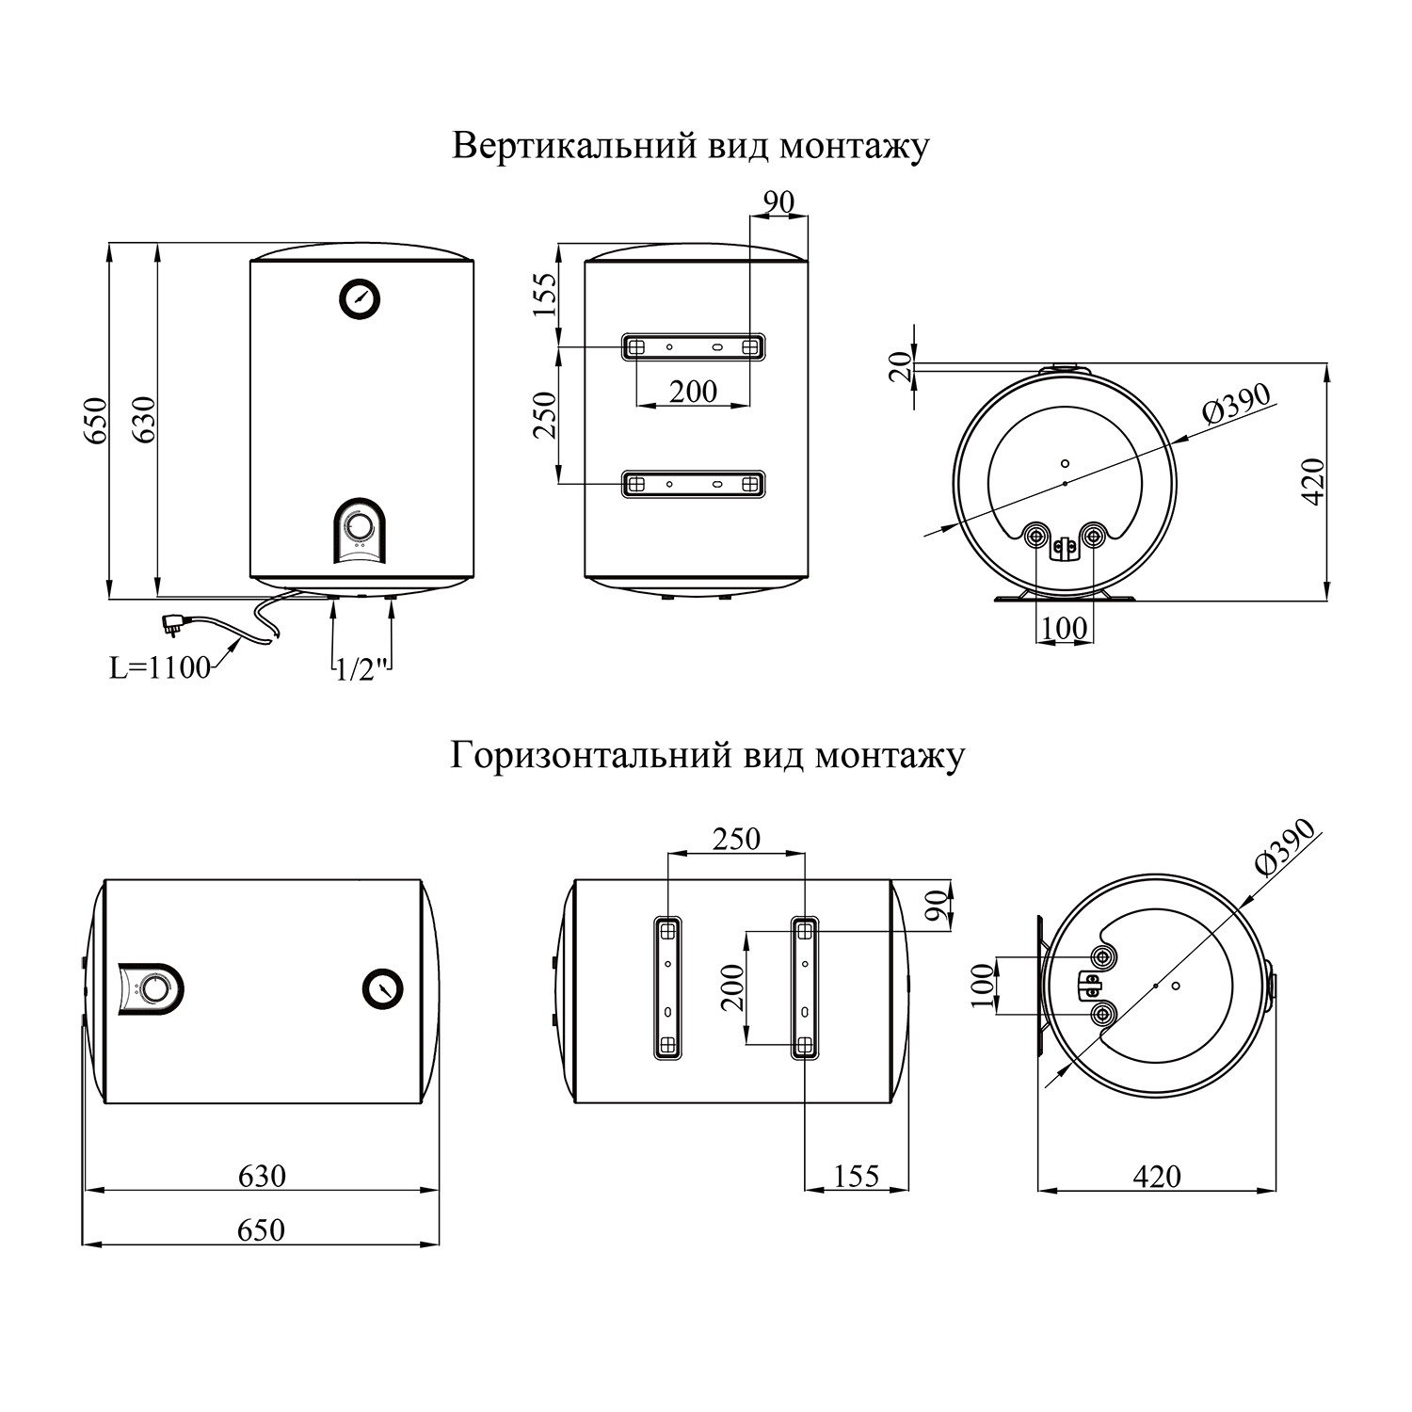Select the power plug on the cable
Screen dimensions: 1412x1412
coord(175,620)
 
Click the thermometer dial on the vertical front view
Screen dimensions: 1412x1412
coord(361,298)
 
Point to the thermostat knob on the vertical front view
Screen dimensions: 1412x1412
coord(359,525)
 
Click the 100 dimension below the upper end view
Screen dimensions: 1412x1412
coord(1065,629)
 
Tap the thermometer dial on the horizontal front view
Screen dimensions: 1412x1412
coord(382,988)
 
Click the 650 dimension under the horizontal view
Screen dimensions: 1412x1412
coord(261,1230)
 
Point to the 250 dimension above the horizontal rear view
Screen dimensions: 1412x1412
coord(736,839)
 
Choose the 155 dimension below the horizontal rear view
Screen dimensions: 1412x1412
coord(856,1176)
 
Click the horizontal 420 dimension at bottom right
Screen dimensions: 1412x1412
coord(1156,1176)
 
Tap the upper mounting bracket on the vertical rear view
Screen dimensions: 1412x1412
coord(693,346)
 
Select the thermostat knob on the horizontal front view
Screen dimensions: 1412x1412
coord(155,989)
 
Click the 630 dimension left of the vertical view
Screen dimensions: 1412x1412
coord(144,421)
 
